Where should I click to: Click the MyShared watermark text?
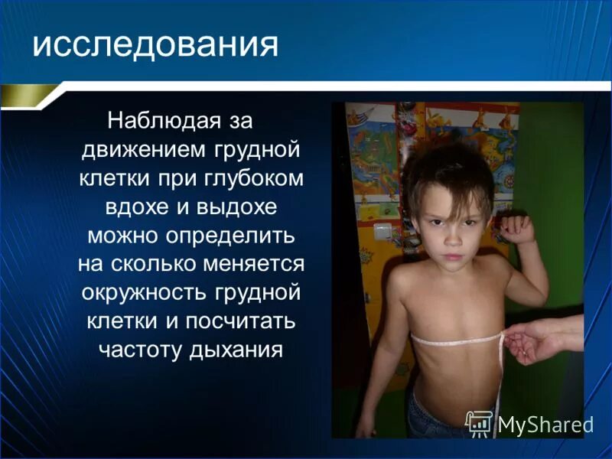point(545,424)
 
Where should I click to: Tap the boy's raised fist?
point(516,229)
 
